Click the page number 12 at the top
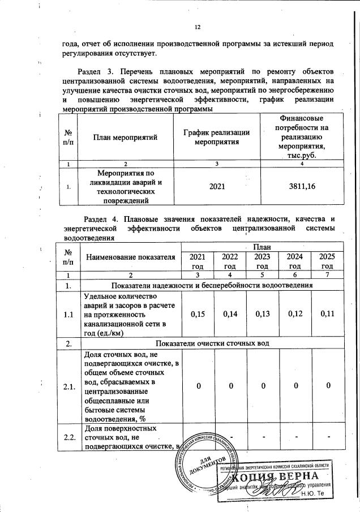198,27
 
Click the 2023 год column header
262,261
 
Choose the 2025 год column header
327,261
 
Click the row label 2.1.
69,386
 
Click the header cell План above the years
262,247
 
